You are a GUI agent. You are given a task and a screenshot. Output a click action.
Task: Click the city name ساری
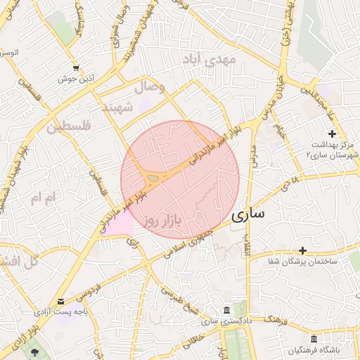pos(247,214)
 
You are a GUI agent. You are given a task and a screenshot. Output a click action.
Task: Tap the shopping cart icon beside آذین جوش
pos(75,68)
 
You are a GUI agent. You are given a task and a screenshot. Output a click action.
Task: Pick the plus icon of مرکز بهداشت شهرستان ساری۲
pos(332,134)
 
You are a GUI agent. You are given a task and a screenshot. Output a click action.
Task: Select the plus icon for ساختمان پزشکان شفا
pos(303,250)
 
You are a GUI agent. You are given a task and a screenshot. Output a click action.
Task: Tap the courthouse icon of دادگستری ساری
pos(225,310)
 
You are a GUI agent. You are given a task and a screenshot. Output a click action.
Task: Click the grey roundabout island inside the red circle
pos(153,178)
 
